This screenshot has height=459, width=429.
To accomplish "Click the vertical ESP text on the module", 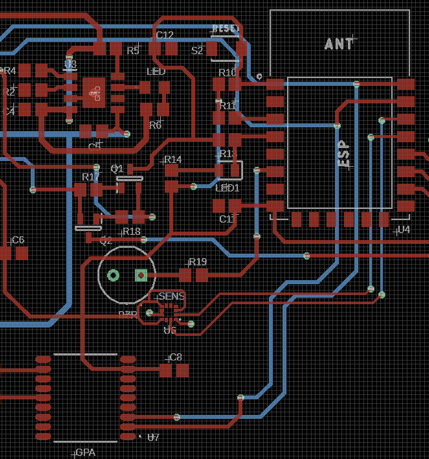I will pos(343,154).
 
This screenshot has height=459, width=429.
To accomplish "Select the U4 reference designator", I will pos(404,229).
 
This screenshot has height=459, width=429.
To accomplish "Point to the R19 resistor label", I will pos(197,262).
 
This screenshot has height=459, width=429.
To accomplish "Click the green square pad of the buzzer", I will pos(141,275).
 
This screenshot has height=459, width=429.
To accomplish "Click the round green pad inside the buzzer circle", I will pos(113,275).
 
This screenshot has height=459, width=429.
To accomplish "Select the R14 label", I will pos(173,160).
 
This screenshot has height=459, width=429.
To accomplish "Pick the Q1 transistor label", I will pos(117,169).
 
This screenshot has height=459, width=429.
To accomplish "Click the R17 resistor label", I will pos(90,177).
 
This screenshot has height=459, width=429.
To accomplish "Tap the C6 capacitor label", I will pos(18,240).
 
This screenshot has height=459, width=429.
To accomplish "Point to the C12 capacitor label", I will pos(165,35).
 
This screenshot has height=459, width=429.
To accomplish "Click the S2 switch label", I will pos(197,51).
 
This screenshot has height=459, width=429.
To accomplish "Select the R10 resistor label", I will pos(227,73).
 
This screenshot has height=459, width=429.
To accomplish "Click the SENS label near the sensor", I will pos(172,296).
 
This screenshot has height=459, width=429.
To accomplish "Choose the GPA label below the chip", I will pos(86,453).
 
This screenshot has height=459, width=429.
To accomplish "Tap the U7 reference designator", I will pos(153,437).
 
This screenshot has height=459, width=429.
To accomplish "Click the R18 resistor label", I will pos(131,231).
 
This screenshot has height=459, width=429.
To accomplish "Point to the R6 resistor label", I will pos(155,126).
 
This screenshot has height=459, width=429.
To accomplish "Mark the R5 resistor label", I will pos(133,51).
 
